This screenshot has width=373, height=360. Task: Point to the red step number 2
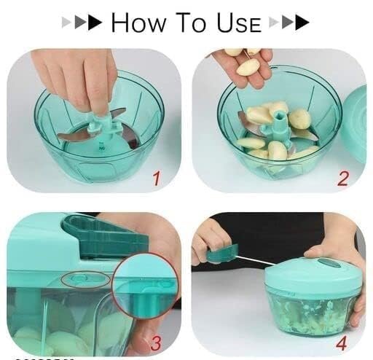pos(343,176)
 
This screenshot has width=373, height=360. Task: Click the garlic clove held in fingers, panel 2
pos(248,66)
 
